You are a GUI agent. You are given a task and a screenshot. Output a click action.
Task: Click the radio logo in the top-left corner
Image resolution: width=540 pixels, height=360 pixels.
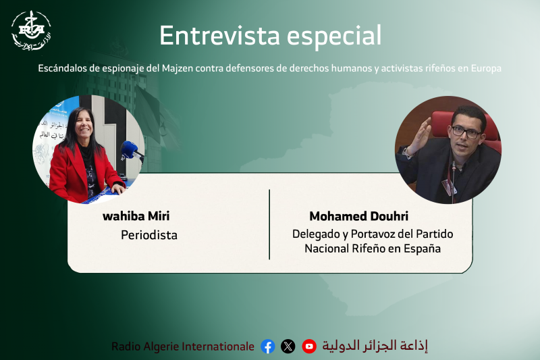pyautogui.click(x=30, y=30)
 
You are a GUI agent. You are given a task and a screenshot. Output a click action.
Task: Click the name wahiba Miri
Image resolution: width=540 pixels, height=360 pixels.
pyautogui.click(x=136, y=216)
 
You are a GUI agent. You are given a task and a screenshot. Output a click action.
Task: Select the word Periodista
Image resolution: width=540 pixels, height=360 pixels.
pyautogui.click(x=148, y=235)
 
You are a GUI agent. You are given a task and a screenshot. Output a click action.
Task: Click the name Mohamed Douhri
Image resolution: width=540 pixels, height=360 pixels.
pyautogui.click(x=358, y=216)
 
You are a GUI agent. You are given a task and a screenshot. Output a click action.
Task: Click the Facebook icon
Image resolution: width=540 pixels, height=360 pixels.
pyautogui.click(x=268, y=346)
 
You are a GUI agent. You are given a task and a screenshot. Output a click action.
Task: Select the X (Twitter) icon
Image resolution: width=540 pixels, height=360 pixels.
pyautogui.click(x=288, y=346)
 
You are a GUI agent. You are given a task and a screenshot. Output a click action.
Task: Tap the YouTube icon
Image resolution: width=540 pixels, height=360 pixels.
pyautogui.click(x=309, y=346)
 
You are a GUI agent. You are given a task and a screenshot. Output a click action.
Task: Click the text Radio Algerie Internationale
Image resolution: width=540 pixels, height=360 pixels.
pyautogui.click(x=183, y=346)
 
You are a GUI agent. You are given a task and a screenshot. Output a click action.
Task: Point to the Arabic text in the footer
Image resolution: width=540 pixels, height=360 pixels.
pyautogui.click(x=375, y=346)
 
